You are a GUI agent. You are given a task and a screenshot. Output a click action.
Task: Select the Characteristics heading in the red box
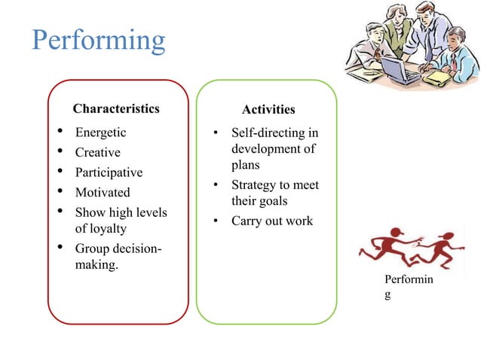pyautogui.click(x=116, y=108)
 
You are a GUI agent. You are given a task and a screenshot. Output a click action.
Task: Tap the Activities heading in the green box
pyautogui.click(x=268, y=110)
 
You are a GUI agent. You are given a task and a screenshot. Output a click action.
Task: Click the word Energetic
pyautogui.click(x=100, y=133)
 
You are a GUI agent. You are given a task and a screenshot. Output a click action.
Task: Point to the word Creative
pyautogui.click(x=97, y=152)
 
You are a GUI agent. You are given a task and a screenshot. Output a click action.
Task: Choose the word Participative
pyautogui.click(x=109, y=172)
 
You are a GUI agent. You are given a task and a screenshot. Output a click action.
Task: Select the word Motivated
pyautogui.click(x=103, y=192)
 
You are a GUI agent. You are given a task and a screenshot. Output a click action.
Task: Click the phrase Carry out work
pyautogui.click(x=271, y=221)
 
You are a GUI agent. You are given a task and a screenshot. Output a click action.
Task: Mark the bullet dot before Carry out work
pyautogui.click(x=215, y=221)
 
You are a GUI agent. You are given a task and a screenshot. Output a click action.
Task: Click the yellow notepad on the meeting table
pyautogui.click(x=437, y=77)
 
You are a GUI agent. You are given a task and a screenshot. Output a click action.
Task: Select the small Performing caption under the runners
pyautogui.click(x=408, y=287)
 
